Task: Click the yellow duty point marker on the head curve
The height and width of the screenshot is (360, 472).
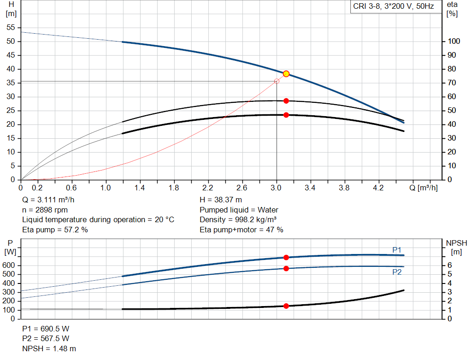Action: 286,74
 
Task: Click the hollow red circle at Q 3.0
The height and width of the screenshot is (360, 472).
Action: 277,81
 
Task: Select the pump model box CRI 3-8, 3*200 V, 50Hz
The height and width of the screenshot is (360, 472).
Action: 394,6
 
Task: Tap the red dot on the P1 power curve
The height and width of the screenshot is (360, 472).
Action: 286,257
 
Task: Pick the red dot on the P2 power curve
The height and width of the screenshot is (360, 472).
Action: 286,268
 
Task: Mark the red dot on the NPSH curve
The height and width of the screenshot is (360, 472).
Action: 286,306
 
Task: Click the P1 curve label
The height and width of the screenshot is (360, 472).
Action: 397,250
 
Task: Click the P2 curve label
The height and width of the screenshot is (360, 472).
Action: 397,272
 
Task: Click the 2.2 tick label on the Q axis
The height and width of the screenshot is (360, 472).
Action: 208,188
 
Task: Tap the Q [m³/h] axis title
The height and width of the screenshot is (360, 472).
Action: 424,188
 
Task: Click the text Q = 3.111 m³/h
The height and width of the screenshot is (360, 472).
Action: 48,200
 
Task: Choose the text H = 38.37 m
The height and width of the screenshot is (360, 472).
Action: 221,200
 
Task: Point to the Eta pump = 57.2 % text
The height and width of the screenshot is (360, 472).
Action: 55,230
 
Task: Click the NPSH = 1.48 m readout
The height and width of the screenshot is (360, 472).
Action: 49,348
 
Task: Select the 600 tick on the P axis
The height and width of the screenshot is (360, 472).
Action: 8,265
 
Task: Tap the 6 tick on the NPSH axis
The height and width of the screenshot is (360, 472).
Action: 450,265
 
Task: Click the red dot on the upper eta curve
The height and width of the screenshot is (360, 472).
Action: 286,101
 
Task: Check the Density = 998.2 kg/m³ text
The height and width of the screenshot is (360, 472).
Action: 238,220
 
